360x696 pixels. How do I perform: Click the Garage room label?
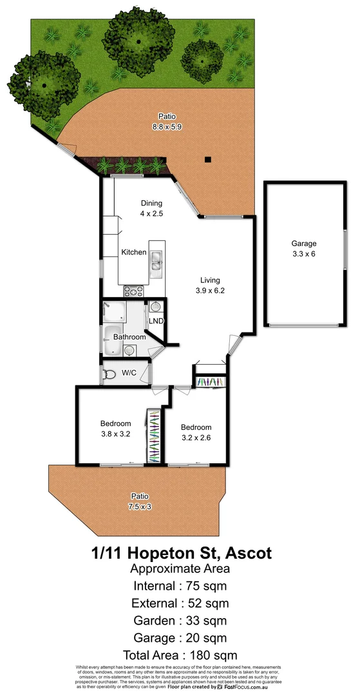click(x=304, y=244)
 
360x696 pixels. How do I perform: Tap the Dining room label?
click(x=152, y=204)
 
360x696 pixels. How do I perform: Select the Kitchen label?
click(x=134, y=252)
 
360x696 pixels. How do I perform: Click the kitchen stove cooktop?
click(x=133, y=291)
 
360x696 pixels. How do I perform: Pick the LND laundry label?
click(x=156, y=321)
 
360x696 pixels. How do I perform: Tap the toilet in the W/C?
click(x=109, y=374)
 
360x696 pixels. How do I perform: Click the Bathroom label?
click(x=129, y=337)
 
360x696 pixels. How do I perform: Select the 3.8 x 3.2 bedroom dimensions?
click(x=116, y=434)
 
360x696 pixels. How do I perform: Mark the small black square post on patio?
click(x=207, y=159)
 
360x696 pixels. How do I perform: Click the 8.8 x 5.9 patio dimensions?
click(x=167, y=127)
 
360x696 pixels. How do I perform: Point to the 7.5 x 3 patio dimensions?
click(x=140, y=506)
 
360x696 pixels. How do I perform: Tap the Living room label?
click(x=210, y=280)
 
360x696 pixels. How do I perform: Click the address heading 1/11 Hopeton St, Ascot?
click(x=180, y=553)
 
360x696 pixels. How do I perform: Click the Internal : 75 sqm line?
click(x=180, y=586)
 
